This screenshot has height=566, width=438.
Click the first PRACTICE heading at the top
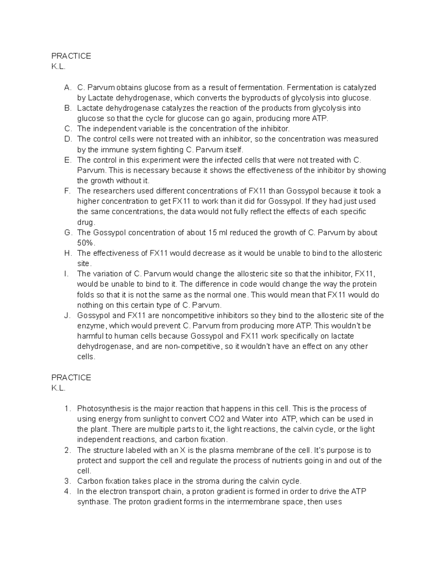(x=71, y=56)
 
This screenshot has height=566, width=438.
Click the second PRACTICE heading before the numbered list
(x=71, y=378)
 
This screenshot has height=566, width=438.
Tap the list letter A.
(x=67, y=87)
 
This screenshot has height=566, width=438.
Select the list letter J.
(x=67, y=316)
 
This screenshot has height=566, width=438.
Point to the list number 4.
(x=67, y=491)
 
